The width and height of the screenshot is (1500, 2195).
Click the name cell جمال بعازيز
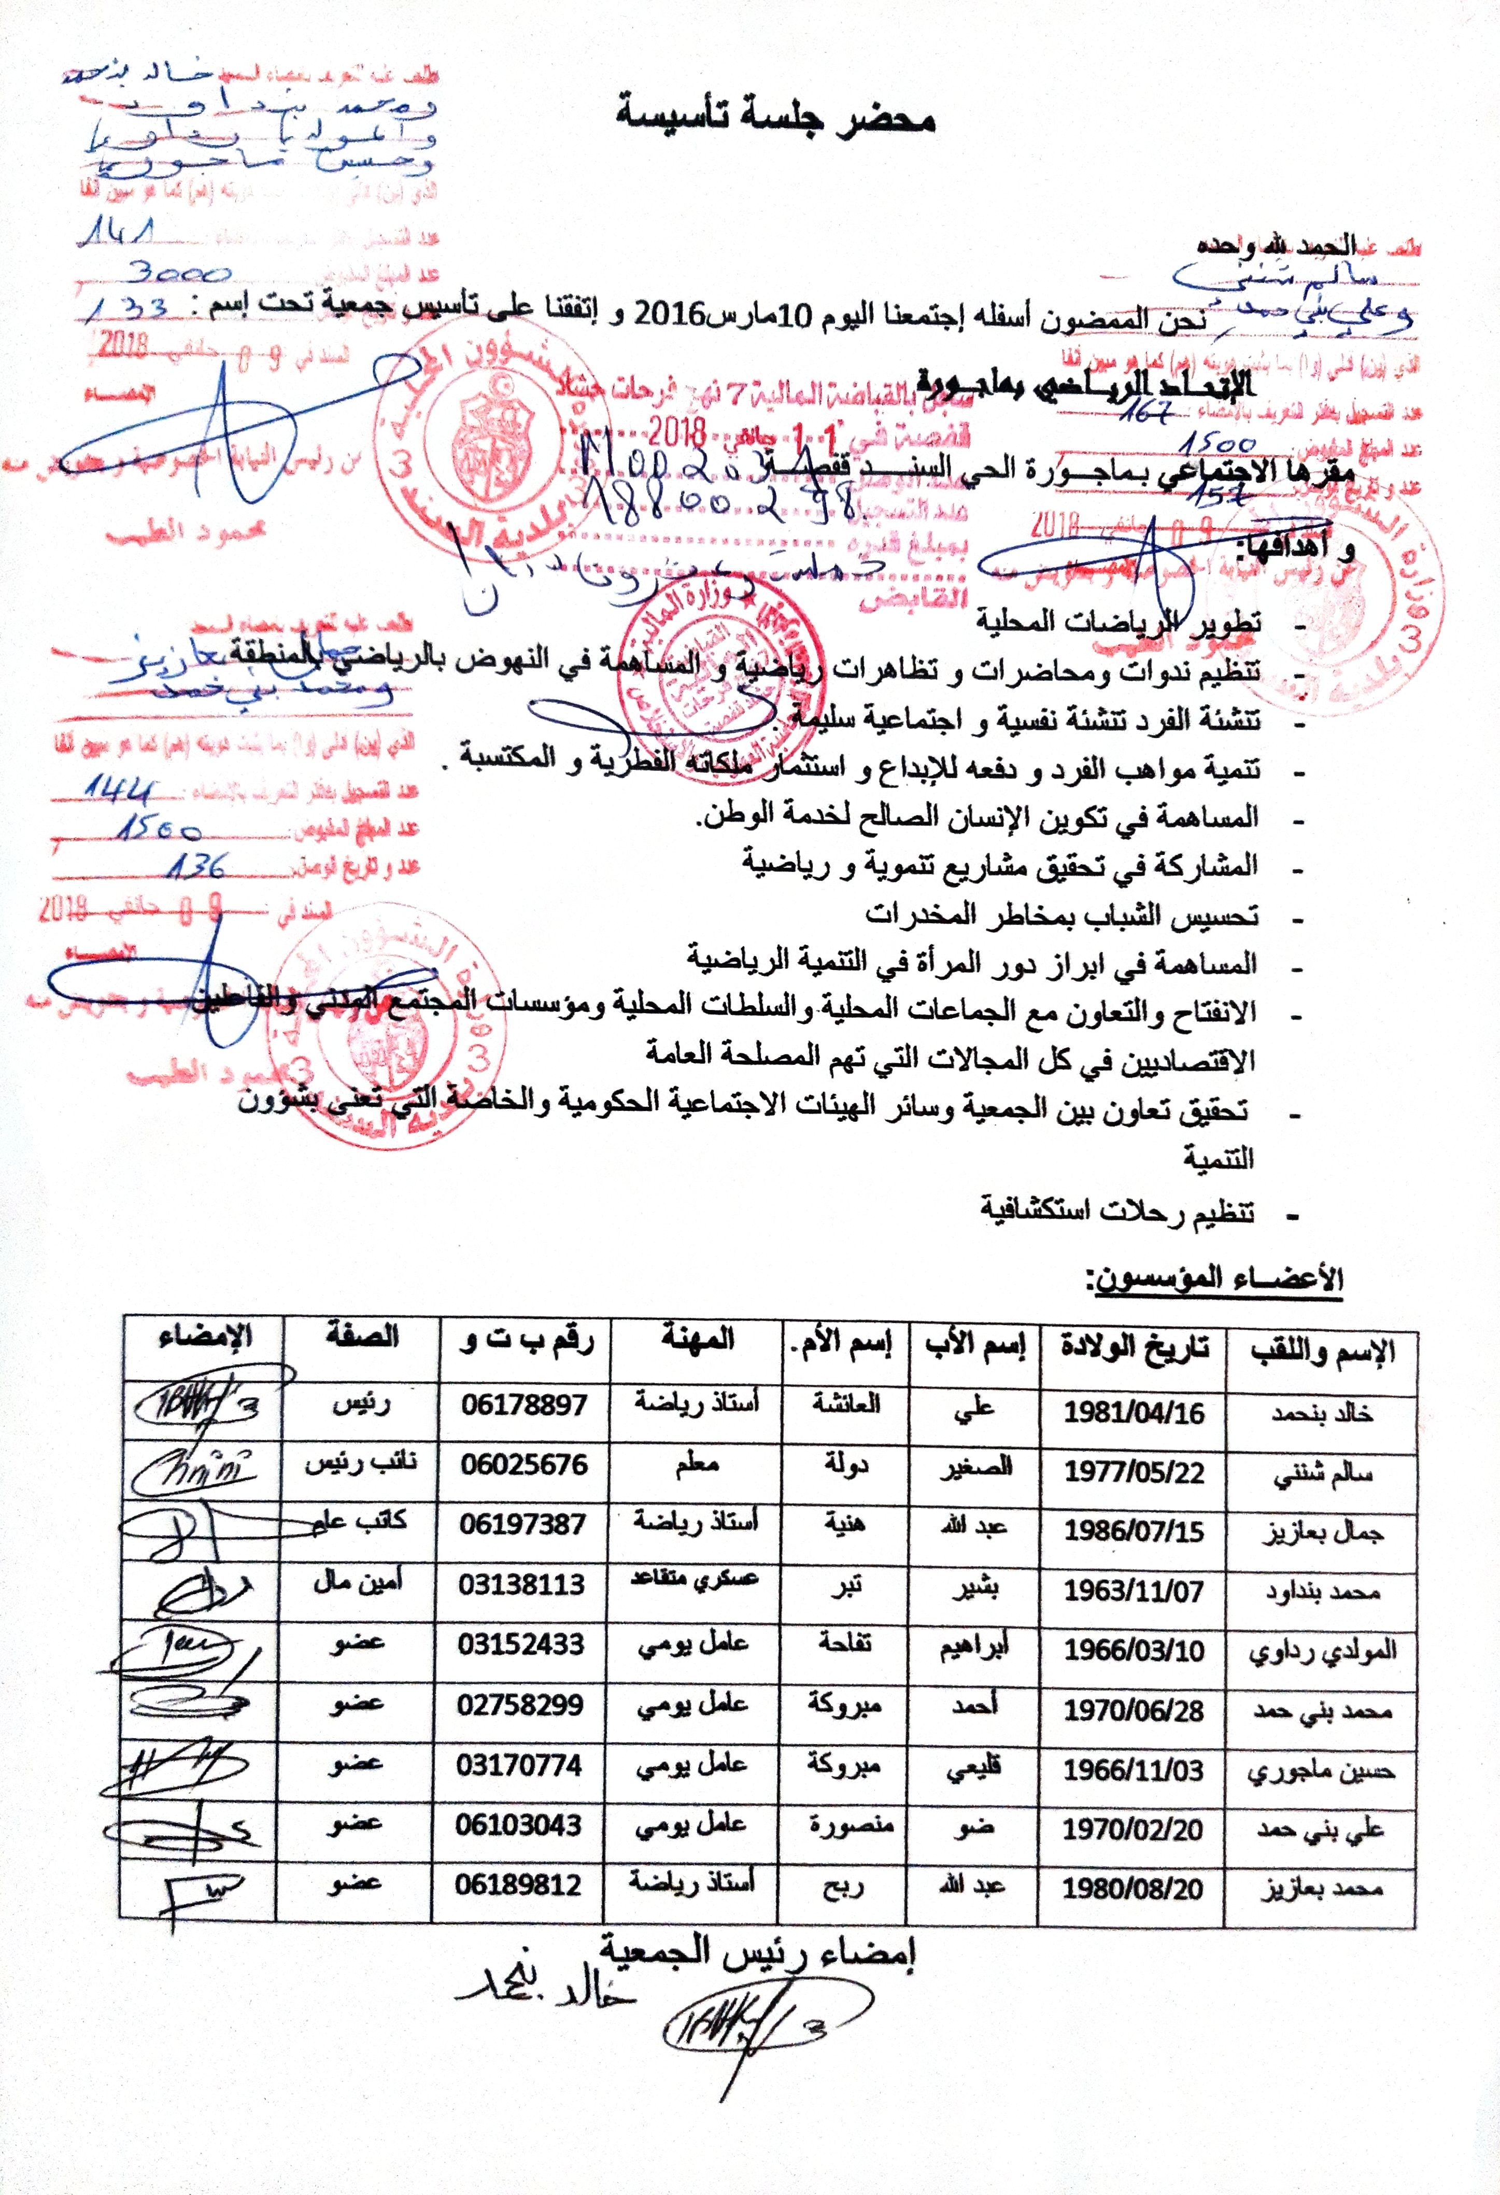[1322, 1533]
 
